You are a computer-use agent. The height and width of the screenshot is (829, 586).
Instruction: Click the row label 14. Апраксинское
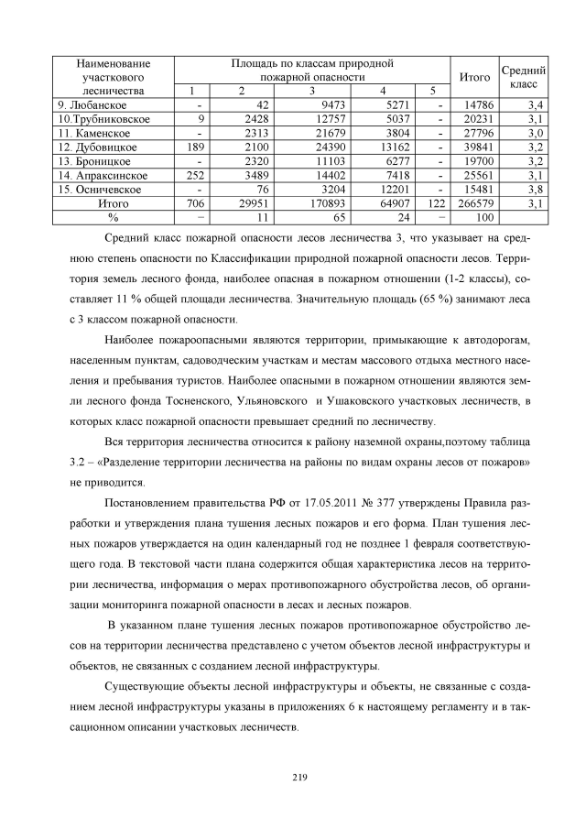(x=97, y=173)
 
